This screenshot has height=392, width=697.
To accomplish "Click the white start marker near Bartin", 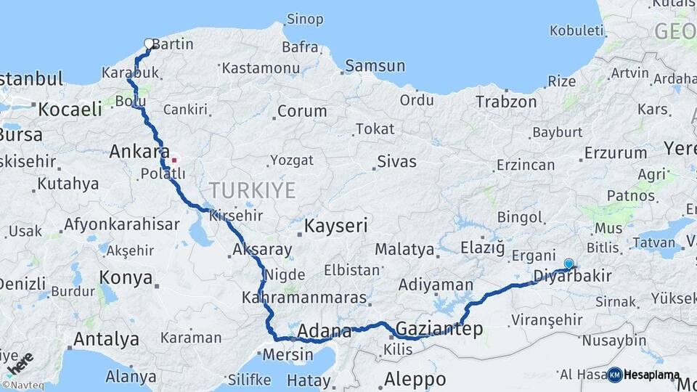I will click(149, 44).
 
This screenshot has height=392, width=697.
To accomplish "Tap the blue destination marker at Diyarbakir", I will click(568, 264).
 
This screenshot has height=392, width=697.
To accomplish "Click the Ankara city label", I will click(134, 152).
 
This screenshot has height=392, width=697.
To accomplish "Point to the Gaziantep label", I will click(439, 330).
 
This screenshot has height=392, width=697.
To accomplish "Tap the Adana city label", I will click(325, 332).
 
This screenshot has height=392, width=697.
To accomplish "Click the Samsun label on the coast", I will click(375, 66).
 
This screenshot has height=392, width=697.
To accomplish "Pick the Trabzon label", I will click(506, 102).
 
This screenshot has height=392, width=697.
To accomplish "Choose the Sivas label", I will click(396, 161).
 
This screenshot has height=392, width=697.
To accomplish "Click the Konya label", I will click(126, 278).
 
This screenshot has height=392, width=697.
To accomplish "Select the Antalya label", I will click(107, 339).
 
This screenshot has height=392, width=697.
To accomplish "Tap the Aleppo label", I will click(415, 379).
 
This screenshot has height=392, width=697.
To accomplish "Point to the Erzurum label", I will click(615, 153).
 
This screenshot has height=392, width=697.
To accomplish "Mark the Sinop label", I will click(305, 20).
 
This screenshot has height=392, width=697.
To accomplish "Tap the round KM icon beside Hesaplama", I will click(615, 375).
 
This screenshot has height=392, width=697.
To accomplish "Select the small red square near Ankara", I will click(174, 159).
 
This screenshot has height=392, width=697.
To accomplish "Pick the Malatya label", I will click(404, 250).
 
